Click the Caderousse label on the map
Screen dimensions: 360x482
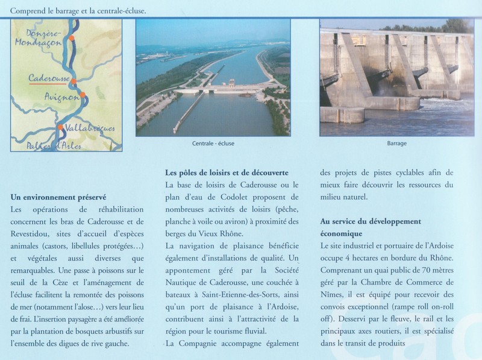click(48, 78)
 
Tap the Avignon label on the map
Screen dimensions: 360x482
click(60, 97)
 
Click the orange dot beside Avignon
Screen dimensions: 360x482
click(83, 95)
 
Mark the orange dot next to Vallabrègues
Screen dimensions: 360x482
click(60, 127)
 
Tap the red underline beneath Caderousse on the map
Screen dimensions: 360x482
click(50, 84)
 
